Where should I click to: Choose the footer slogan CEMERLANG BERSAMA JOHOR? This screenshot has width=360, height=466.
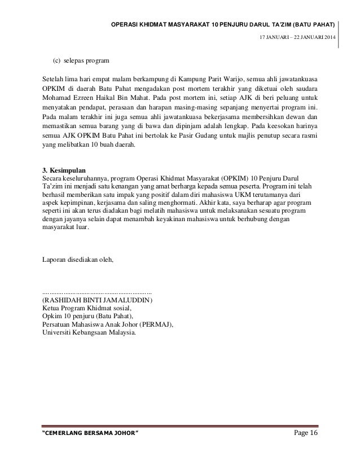tap(90, 447)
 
